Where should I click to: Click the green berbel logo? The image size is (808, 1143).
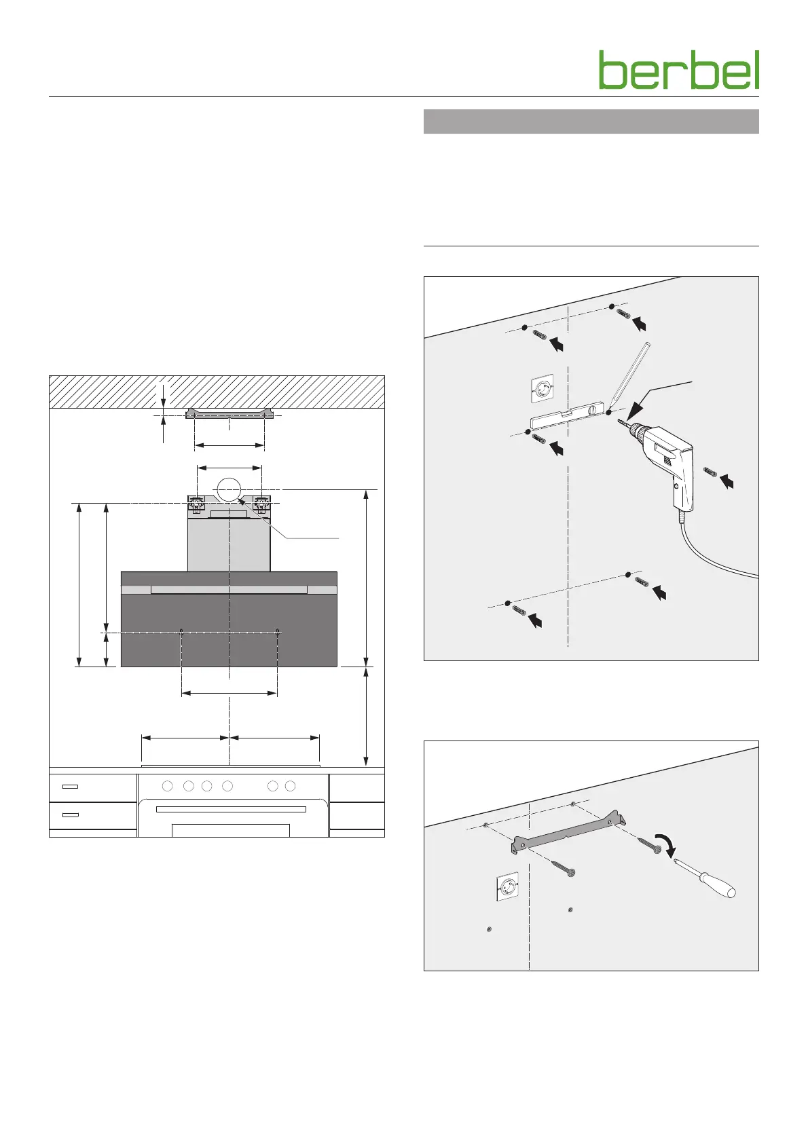click(x=678, y=70)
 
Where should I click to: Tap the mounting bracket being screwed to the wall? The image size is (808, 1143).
click(x=568, y=829)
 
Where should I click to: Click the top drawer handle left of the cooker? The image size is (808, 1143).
click(x=70, y=787)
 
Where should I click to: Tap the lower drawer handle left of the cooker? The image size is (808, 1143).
click(x=70, y=814)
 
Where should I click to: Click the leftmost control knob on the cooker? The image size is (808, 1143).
click(x=168, y=786)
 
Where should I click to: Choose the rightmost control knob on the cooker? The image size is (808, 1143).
click(x=291, y=786)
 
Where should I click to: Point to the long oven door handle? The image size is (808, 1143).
click(x=231, y=809)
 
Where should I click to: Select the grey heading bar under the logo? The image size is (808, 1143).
click(x=591, y=121)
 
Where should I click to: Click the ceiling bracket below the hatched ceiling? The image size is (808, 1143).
click(x=229, y=414)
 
